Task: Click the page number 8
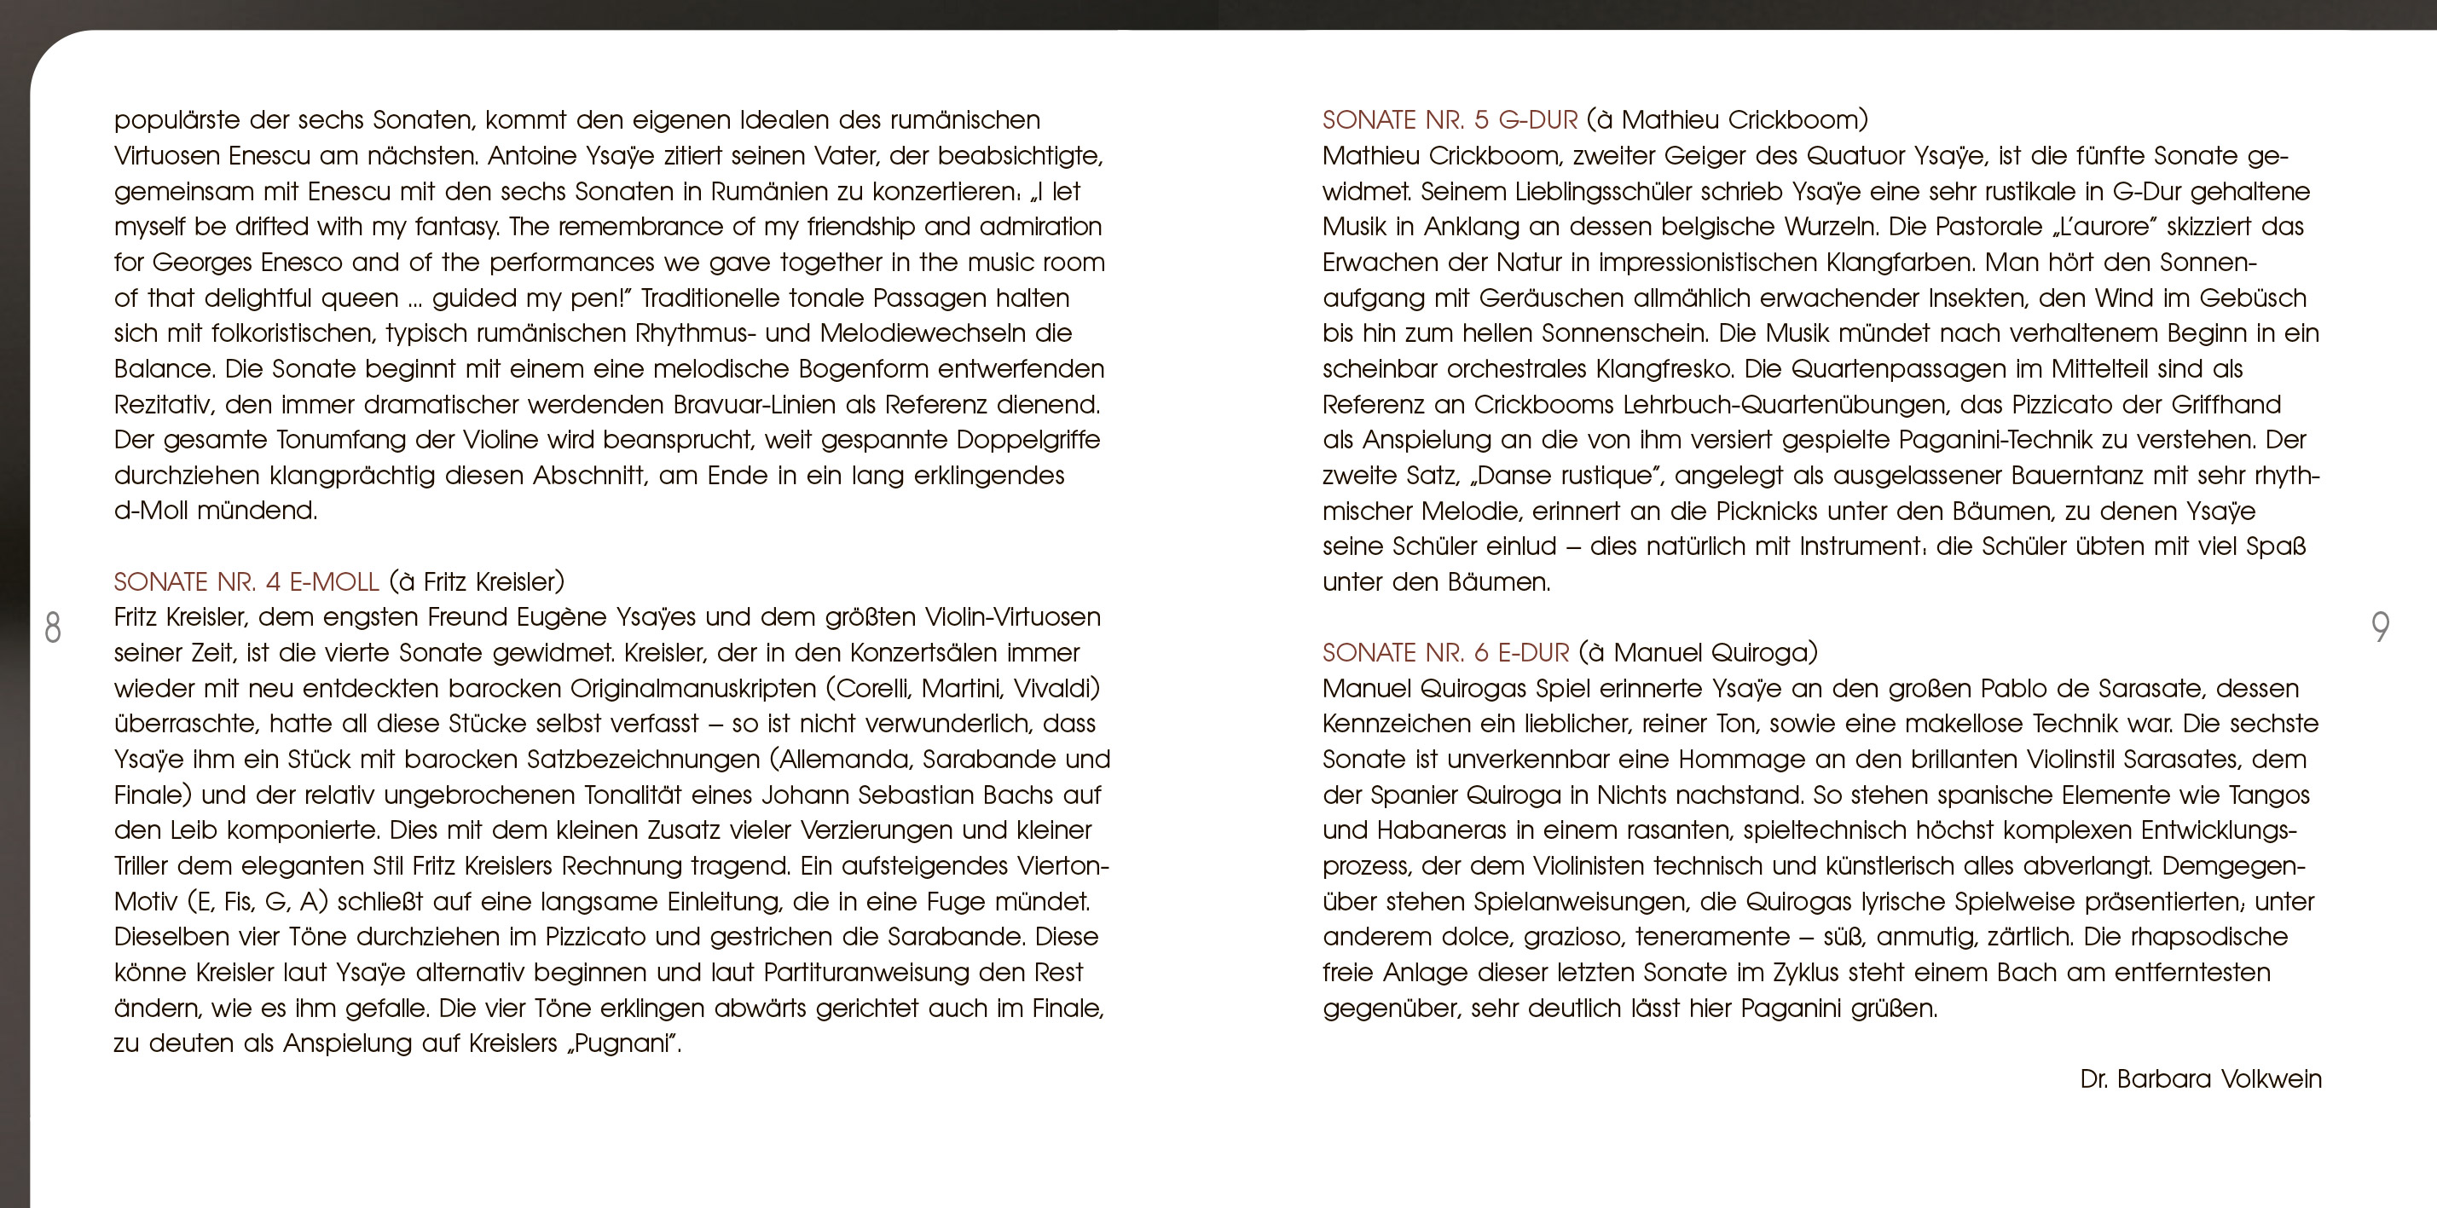point(53,627)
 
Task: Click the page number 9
point(2380,627)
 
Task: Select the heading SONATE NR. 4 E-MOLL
point(246,581)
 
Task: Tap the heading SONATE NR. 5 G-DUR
point(1450,120)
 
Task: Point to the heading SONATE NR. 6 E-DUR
point(1445,653)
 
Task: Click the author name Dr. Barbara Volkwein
point(2201,1079)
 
